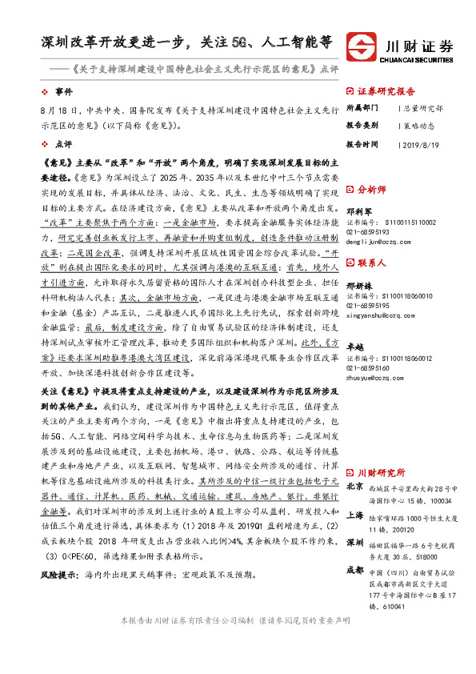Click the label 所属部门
tap(362, 107)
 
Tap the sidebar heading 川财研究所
tap(379, 473)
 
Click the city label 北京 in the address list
tap(355, 486)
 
